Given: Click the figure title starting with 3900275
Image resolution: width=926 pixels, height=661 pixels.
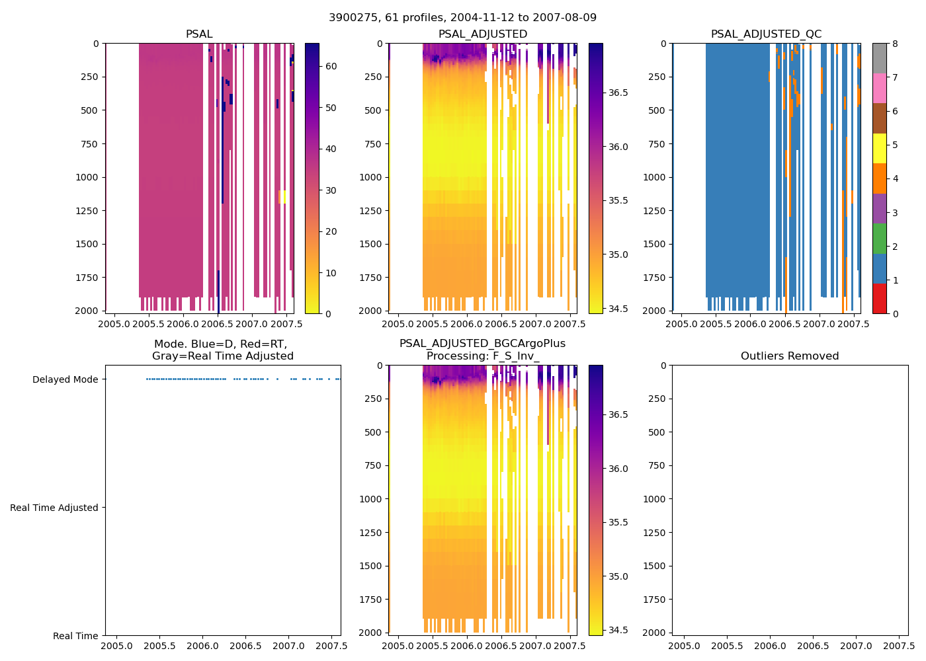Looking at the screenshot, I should pos(462,17).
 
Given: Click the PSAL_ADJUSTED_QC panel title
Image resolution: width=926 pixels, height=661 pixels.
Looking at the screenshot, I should pos(766,34).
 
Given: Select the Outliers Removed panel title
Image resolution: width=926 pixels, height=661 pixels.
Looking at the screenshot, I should pos(790,356).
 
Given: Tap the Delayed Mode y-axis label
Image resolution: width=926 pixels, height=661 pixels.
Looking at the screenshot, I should pos(65,379).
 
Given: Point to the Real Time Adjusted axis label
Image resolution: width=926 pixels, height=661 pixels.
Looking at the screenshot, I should pos(54,508).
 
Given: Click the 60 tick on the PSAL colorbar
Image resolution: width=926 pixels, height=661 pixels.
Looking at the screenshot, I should pos(331,66).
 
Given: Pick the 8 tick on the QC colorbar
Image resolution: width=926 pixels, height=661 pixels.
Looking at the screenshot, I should pos(895,44).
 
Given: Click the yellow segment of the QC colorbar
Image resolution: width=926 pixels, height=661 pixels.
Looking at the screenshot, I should pos(879,148).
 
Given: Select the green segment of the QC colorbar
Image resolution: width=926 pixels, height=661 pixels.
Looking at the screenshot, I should pos(879,238).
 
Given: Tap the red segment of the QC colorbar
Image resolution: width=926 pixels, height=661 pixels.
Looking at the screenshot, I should pos(879,298).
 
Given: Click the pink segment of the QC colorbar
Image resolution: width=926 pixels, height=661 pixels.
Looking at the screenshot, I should pos(879,88).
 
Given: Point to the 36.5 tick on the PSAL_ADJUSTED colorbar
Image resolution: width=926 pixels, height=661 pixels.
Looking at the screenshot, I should pos(618,93).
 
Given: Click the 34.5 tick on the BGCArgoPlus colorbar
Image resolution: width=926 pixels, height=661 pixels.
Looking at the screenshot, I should pos(618,630).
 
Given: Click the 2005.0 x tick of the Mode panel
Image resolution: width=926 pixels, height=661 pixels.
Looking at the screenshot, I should pos(116,646).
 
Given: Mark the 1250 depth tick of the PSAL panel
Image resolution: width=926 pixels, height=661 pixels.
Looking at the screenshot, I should pos(87,211).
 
